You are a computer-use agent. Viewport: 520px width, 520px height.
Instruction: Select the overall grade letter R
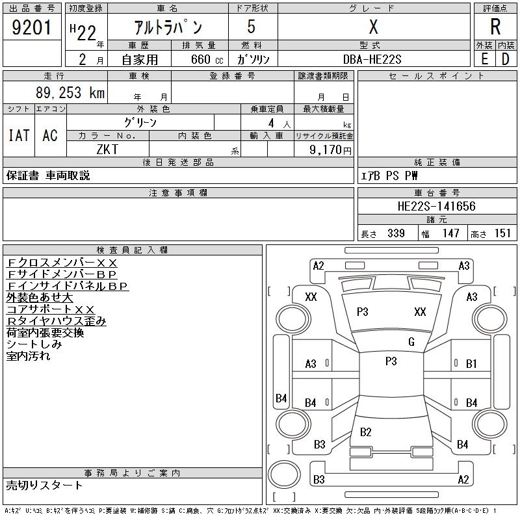(x=495, y=27)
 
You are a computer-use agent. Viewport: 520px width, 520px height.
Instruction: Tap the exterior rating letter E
(x=484, y=59)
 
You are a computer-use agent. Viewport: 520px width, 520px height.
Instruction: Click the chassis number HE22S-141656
(x=436, y=207)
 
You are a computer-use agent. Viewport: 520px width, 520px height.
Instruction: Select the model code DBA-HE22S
(x=372, y=59)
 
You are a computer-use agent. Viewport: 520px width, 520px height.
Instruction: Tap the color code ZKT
(x=108, y=149)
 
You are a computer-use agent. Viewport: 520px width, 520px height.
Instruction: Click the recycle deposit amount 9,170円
(x=331, y=149)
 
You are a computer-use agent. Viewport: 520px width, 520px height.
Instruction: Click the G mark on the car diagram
(x=411, y=342)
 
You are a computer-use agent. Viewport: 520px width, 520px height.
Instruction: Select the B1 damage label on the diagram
(x=472, y=364)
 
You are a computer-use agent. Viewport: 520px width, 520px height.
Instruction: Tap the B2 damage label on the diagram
(x=365, y=432)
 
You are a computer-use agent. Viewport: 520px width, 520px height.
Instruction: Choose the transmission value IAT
(x=19, y=136)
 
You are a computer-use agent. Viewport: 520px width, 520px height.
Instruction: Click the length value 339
(x=395, y=233)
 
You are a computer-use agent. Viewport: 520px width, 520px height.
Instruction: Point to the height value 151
(x=503, y=233)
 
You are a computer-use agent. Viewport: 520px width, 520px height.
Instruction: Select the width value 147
(x=450, y=233)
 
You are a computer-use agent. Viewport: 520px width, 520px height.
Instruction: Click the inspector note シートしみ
(x=34, y=344)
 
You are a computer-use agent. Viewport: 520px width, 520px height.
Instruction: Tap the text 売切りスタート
(x=45, y=486)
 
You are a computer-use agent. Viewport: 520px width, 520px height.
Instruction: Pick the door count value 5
(x=251, y=27)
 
